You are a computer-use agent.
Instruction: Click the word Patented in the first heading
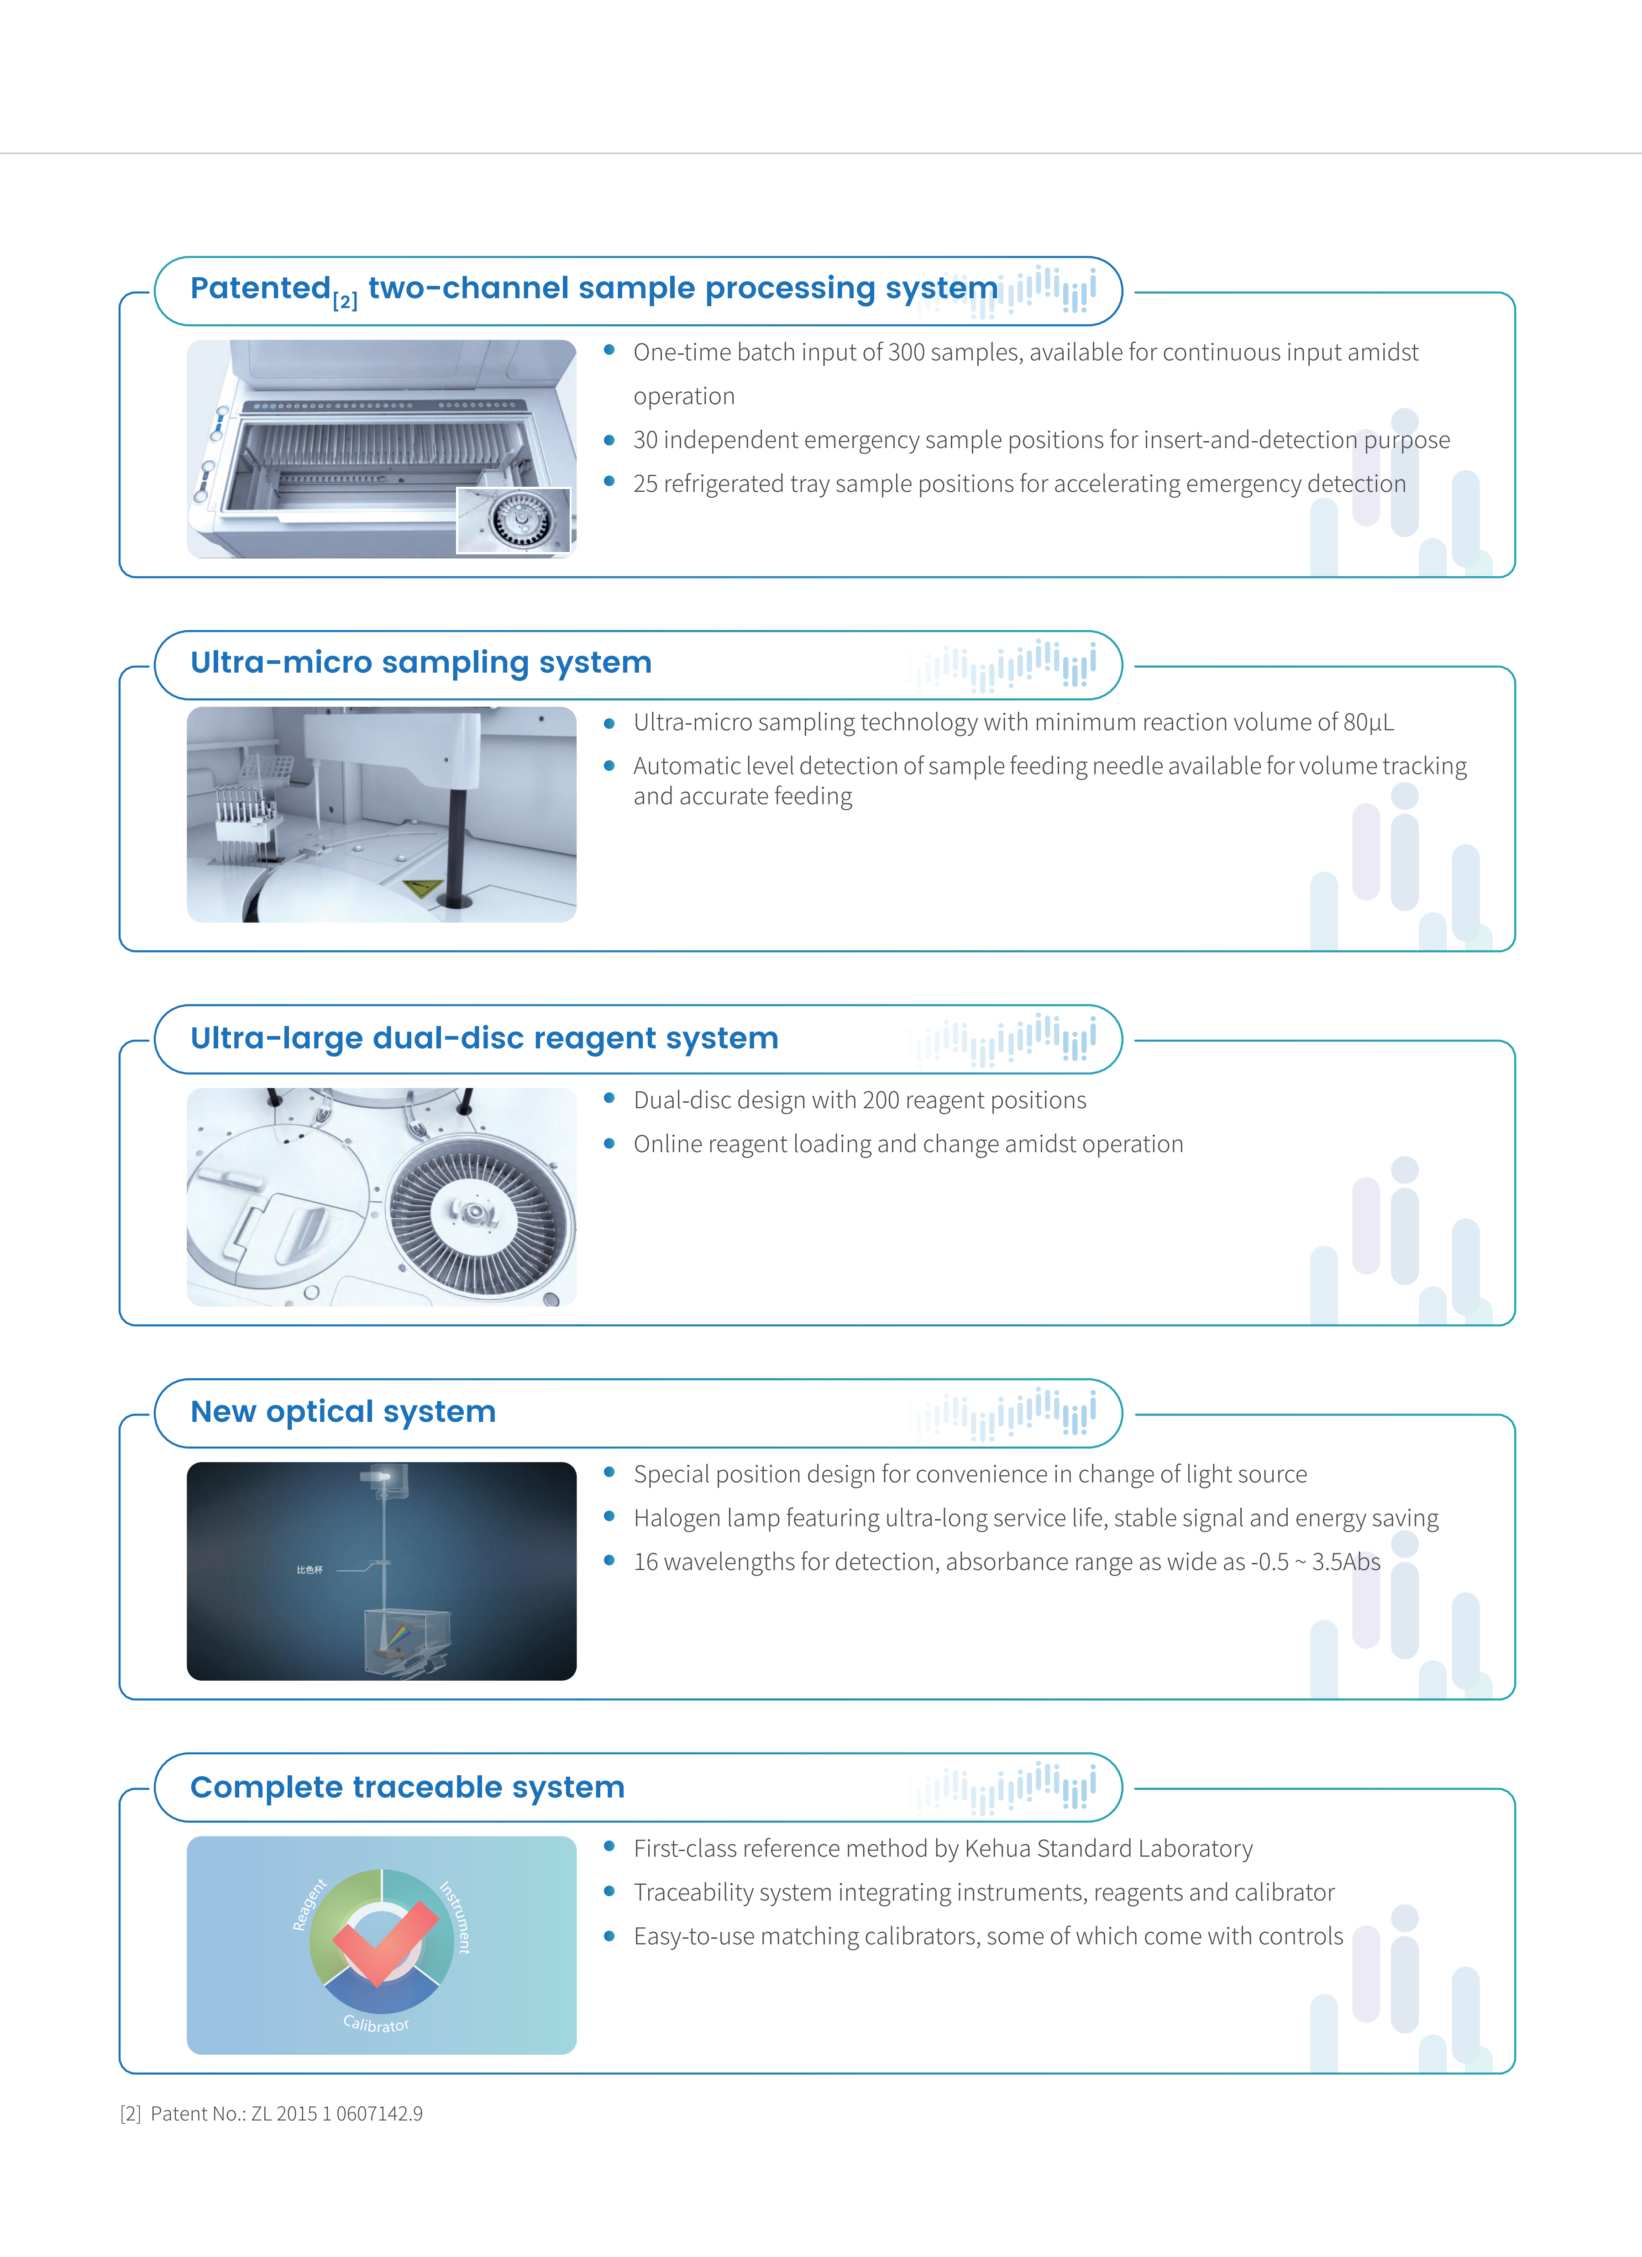pyautogui.click(x=260, y=289)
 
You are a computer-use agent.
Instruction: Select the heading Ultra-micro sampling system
pyautogui.click(x=421, y=663)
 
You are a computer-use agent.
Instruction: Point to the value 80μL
pyautogui.click(x=1369, y=722)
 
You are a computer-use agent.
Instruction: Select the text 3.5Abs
pyautogui.click(x=1345, y=1563)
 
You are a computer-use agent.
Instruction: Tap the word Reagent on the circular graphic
pyautogui.click(x=310, y=1905)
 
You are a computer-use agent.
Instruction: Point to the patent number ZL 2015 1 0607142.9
pyautogui.click(x=336, y=2114)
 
